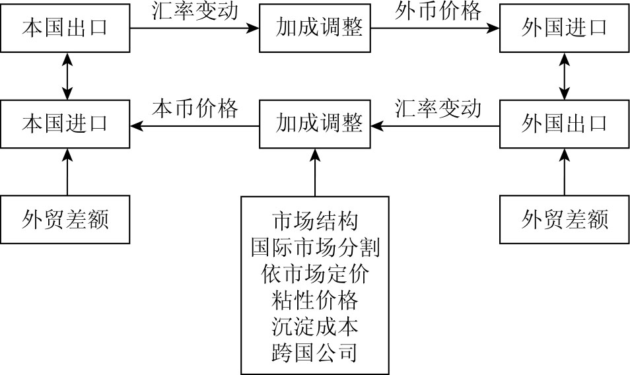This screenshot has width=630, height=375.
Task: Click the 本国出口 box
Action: [65, 28]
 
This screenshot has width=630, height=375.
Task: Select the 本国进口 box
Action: [65, 123]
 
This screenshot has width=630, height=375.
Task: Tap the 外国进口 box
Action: [564, 28]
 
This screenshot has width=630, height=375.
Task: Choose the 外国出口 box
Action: [564, 123]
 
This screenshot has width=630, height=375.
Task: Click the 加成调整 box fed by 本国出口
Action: [315, 28]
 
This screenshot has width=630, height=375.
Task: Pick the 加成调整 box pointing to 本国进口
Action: [315, 123]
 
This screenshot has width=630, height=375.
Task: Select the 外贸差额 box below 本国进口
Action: [65, 219]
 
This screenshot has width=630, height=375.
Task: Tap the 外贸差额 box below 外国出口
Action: [564, 219]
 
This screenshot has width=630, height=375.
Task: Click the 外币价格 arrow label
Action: [438, 12]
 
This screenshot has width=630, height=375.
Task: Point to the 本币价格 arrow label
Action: [195, 108]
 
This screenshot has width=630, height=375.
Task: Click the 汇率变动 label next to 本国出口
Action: [195, 12]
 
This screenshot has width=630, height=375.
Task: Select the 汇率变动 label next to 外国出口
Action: [438, 108]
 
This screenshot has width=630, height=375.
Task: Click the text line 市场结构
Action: [315, 220]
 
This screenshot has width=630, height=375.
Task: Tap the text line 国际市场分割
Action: [315, 247]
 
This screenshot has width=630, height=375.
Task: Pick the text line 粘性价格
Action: [315, 300]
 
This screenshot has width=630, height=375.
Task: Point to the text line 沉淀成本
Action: [315, 327]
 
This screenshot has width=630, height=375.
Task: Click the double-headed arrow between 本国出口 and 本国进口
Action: [65, 76]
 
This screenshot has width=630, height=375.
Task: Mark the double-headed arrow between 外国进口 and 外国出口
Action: [564, 76]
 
